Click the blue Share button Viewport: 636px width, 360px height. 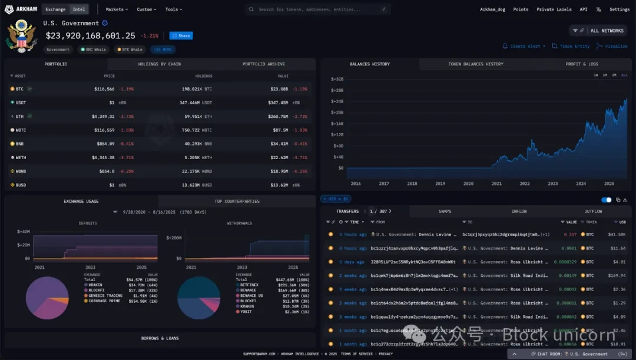click(181, 35)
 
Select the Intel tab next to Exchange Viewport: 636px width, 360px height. click(78, 9)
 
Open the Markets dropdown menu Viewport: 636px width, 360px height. click(117, 9)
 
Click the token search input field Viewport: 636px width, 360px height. click(318, 9)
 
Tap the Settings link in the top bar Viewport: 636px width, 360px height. click(620, 9)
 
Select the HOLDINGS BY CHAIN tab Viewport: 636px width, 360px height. click(160, 64)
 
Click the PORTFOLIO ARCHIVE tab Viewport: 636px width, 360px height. click(263, 64)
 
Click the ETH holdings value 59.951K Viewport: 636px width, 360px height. click(198, 117)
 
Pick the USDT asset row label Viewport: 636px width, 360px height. click(21, 103)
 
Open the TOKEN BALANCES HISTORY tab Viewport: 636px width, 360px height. click(476, 64)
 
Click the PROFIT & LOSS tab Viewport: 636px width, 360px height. click(581, 64)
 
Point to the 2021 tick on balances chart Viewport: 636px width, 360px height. click(496, 183)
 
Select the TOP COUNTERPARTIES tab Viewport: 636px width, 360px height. click(237, 201)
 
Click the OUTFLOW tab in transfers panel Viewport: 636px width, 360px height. click(593, 211)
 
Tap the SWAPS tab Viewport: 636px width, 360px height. click(445, 211)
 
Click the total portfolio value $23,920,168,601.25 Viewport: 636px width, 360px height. click(91, 35)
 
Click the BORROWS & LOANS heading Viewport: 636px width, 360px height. click(160, 338)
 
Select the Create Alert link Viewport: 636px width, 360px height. click(524, 46)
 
